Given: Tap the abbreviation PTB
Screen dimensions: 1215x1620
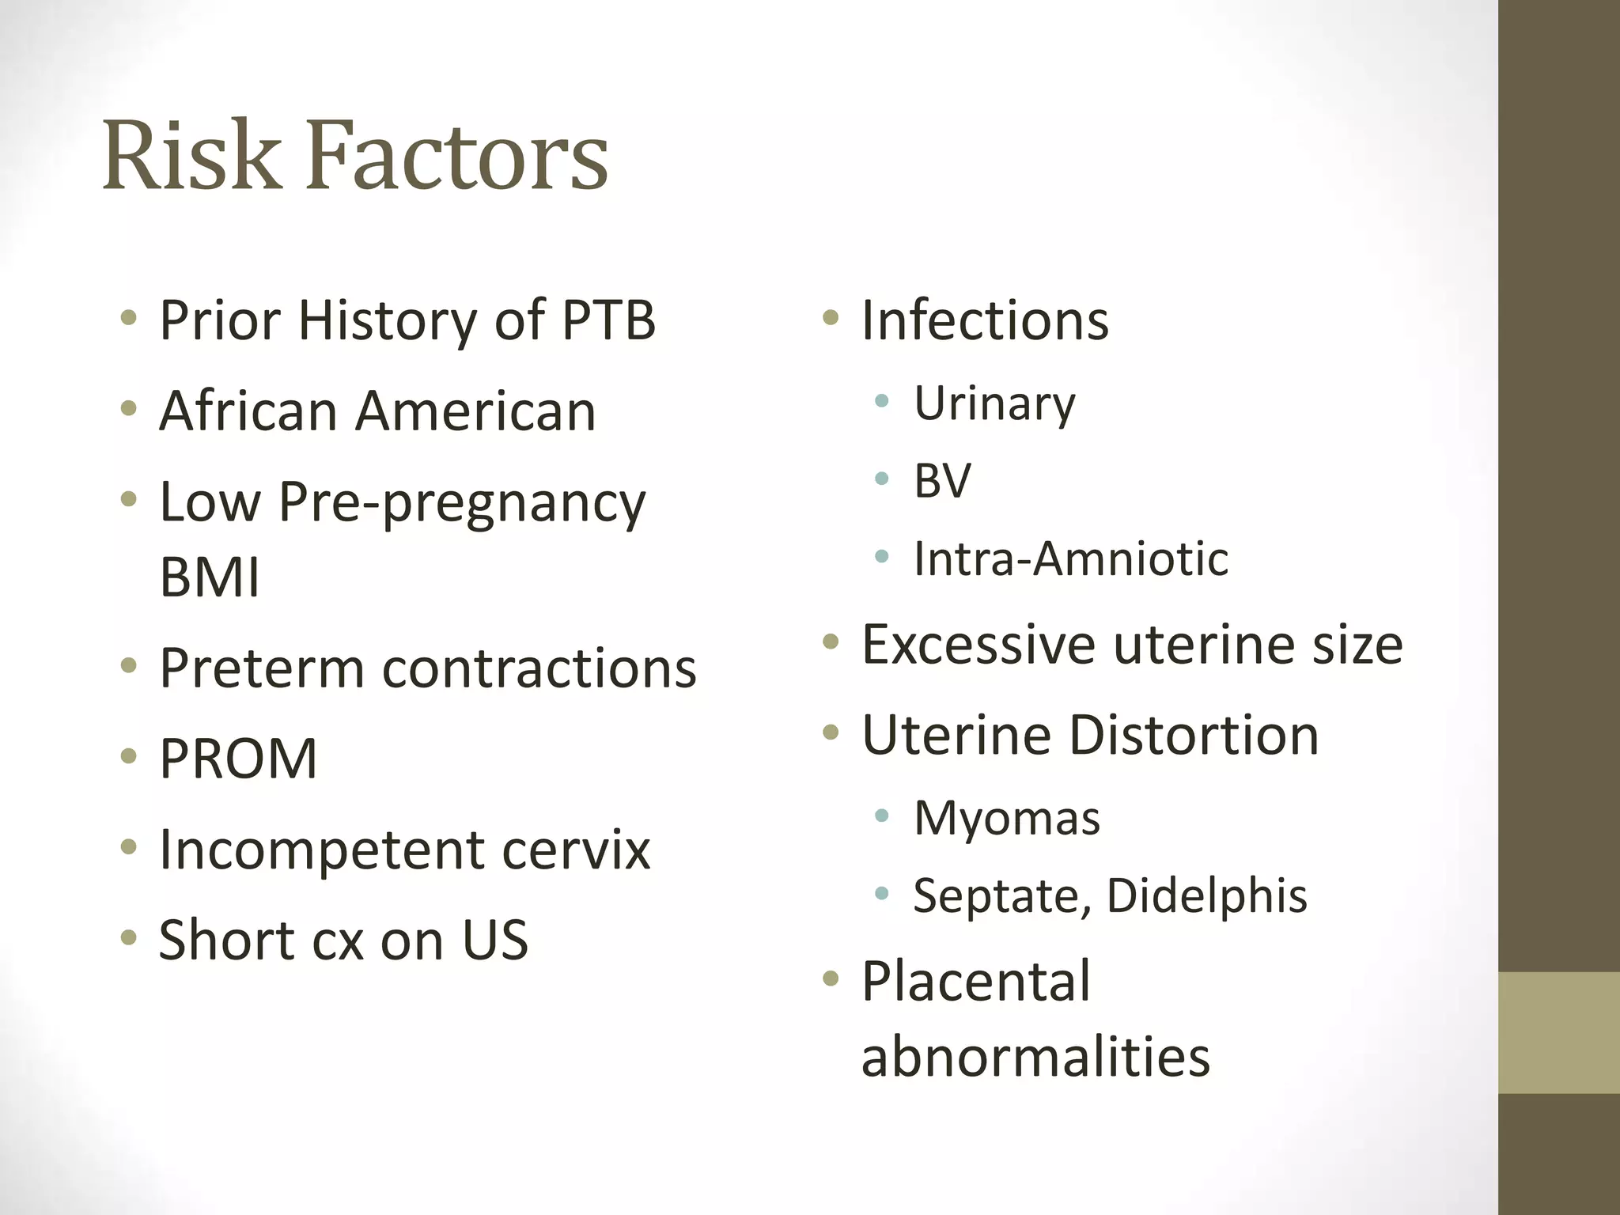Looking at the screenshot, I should pyautogui.click(x=608, y=320).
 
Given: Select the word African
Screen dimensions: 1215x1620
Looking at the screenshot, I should pyautogui.click(x=248, y=411).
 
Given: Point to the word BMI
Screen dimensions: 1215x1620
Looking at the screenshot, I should pyautogui.click(x=210, y=577).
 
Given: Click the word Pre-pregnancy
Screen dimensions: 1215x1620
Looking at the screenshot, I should pyautogui.click(x=462, y=504).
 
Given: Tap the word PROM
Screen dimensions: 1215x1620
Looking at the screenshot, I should pyautogui.click(x=238, y=759).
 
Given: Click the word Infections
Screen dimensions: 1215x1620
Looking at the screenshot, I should pyautogui.click(x=985, y=320).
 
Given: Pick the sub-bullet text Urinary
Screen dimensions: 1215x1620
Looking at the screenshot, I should pyautogui.click(x=994, y=404).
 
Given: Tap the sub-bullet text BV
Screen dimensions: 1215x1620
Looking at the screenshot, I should pyautogui.click(x=942, y=480).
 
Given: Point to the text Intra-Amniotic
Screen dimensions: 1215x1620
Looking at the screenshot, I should pyautogui.click(x=1071, y=558).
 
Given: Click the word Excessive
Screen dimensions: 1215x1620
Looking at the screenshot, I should pyautogui.click(x=978, y=645).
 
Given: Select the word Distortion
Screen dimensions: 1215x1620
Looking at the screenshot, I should pyautogui.click(x=1194, y=736).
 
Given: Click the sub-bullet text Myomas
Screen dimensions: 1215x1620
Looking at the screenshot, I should pyautogui.click(x=1006, y=818).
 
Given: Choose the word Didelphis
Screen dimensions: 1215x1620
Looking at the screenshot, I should pyautogui.click(x=1206, y=896).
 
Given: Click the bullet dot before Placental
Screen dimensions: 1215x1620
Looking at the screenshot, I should pyautogui.click(x=830, y=979).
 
